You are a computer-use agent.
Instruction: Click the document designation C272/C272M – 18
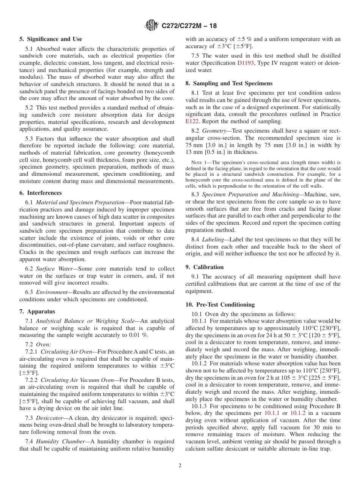coord(189,26)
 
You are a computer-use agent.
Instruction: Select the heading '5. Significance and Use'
coord(50,39)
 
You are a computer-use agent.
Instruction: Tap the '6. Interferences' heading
coord(41,193)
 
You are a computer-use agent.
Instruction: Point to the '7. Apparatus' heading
coord(37,311)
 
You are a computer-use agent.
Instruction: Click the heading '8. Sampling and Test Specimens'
coord(229,83)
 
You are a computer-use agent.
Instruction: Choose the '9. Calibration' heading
coord(205,267)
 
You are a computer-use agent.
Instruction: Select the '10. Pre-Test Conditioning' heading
coord(220,305)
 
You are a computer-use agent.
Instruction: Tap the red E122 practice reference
coord(192,122)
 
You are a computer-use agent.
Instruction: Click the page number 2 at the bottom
coord(180,466)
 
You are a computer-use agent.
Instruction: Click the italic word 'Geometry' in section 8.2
coord(214,131)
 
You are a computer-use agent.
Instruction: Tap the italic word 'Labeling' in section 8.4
coord(213,239)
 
